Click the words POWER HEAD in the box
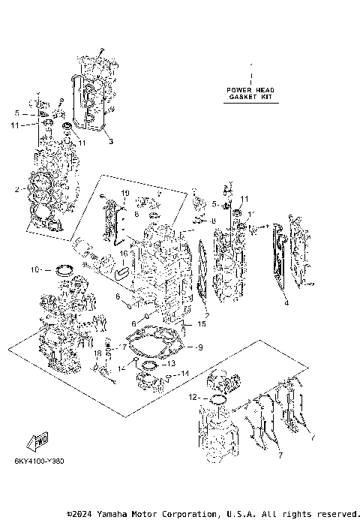[251, 90]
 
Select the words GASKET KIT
[251, 97]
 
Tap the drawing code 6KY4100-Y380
[38, 461]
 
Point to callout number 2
[15, 189]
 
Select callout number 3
[109, 141]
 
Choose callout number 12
[193, 395]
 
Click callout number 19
[125, 193]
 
